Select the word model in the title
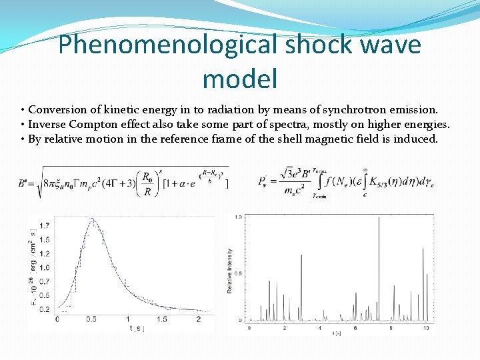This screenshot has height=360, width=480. coord(239,79)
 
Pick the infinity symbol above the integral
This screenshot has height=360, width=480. coord(365,168)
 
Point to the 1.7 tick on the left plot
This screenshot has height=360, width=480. coord(43,225)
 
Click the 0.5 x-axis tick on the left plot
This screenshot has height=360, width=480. coord(91,319)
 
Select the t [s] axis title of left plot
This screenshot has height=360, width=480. coord(137,328)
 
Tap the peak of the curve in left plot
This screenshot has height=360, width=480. coord(93,219)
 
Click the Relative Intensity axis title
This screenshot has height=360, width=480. coord(230,271)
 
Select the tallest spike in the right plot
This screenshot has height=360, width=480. coord(379,219)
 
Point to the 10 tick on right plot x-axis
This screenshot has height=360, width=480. coord(426,328)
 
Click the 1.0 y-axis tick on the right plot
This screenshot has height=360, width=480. coord(239,217)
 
